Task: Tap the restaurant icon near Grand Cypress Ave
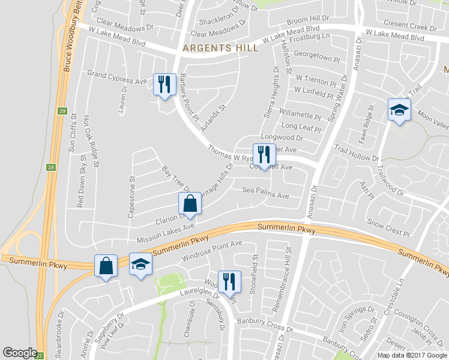click(164, 83)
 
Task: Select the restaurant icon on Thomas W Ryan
click(263, 155)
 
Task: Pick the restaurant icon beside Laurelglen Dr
click(229, 281)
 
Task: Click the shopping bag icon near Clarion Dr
click(190, 204)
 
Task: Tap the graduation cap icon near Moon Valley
click(399, 110)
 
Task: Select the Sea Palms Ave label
click(265, 193)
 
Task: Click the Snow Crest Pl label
click(388, 227)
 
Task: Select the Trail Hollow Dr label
click(357, 153)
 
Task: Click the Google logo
click(20, 353)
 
